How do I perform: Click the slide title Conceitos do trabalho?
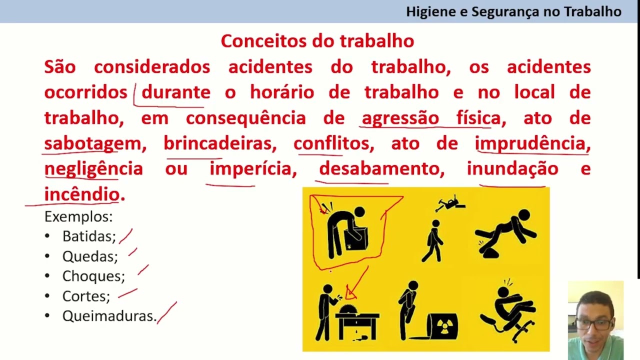tap(317, 41)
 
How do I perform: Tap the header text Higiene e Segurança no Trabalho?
tap(513, 11)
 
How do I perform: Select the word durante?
tap(175, 92)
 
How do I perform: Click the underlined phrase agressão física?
tap(430, 118)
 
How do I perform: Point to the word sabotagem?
tap(92, 144)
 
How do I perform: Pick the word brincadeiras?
tap(219, 144)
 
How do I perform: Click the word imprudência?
tap(532, 144)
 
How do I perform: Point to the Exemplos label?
tap(78, 216)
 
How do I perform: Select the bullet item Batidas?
tap(89, 236)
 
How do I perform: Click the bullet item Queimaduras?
tap(109, 316)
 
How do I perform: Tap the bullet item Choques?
tap(93, 276)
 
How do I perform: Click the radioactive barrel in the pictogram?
tap(442, 326)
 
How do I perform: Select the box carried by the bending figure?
tap(358, 238)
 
